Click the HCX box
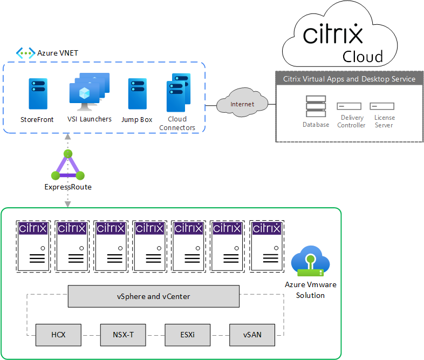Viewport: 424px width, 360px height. click(x=58, y=335)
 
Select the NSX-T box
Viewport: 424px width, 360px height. click(x=123, y=335)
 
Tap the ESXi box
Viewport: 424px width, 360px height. click(x=187, y=335)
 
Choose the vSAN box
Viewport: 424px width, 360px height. click(x=252, y=335)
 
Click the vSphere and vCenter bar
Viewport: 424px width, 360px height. click(x=153, y=296)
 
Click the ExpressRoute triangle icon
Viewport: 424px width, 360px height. click(x=68, y=166)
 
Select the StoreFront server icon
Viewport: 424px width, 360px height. click(x=38, y=94)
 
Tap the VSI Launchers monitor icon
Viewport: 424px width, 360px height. click(x=86, y=90)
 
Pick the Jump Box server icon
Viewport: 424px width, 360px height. click(x=138, y=94)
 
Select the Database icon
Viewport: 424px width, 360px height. click(x=316, y=106)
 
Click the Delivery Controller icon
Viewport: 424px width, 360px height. click(x=349, y=106)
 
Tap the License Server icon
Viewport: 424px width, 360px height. click(x=382, y=106)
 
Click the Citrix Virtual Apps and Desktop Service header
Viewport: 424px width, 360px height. click(x=350, y=79)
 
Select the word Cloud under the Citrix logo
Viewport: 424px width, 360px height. click(x=363, y=56)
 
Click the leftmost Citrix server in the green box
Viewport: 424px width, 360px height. click(x=33, y=246)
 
